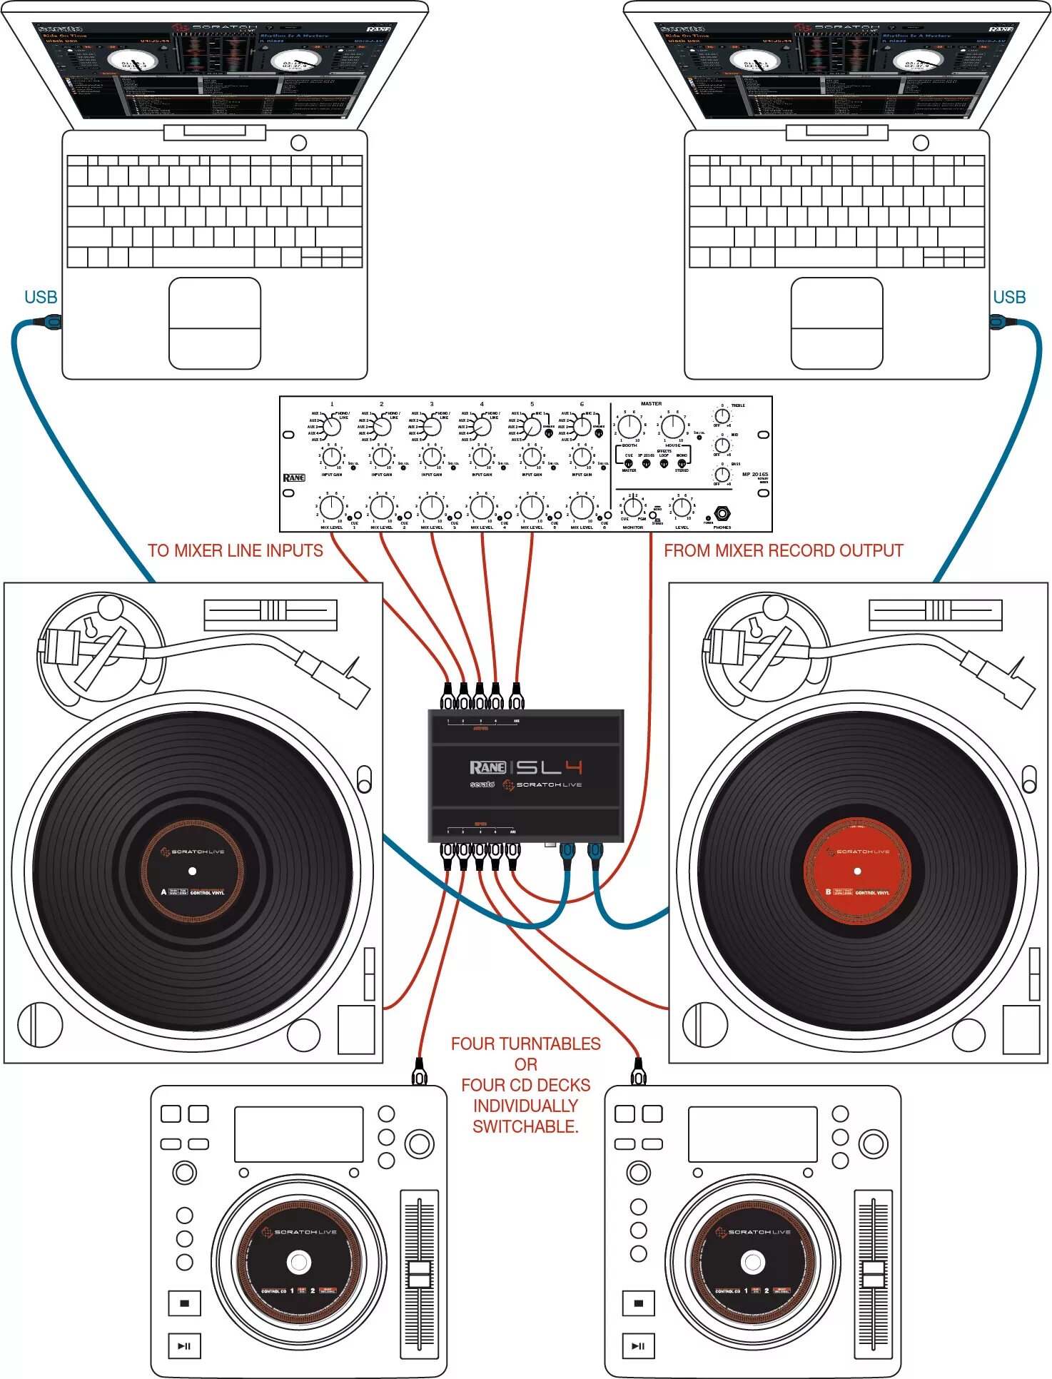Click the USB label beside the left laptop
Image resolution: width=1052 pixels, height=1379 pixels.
pos(41,298)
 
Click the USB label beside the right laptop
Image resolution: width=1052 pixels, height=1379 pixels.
pos(1009,298)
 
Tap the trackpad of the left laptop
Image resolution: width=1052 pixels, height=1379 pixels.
pos(214,323)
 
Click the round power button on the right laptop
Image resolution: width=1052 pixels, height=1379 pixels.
pos(921,143)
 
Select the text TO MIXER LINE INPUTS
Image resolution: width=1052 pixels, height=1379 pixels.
pos(235,551)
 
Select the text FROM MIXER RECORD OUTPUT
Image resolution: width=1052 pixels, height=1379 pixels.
pos(783,551)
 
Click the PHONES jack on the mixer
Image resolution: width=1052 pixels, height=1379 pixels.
pos(722,514)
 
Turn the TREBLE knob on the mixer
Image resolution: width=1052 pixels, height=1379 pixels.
pos(722,415)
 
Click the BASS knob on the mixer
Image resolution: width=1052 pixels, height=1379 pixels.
pos(722,474)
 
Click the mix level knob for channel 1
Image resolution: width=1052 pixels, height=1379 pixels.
pos(331,507)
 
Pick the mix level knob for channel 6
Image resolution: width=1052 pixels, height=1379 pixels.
pos(582,507)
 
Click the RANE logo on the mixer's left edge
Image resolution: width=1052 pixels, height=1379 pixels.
pos(293,478)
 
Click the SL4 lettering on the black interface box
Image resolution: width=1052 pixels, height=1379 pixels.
pos(549,767)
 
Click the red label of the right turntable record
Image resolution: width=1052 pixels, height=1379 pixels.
pos(857,872)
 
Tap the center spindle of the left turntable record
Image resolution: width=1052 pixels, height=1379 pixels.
pos(192,871)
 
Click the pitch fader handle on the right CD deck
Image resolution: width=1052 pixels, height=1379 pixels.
pos(873,1274)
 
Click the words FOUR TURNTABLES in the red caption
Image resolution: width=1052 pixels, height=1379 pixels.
pos(525,1044)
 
